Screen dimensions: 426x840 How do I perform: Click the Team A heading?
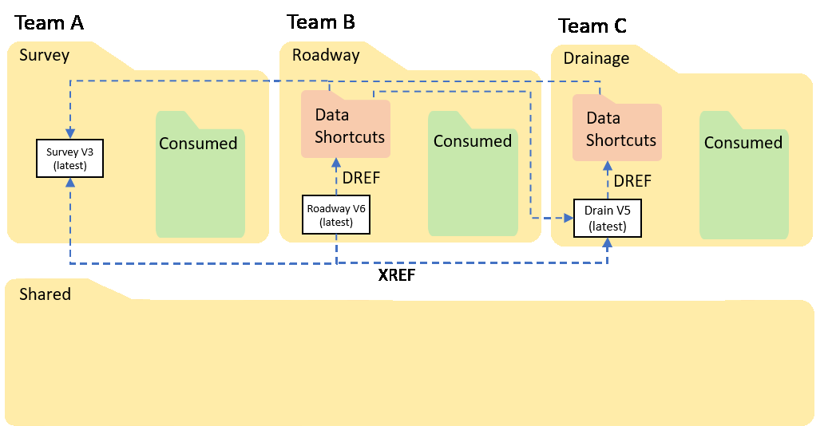49,23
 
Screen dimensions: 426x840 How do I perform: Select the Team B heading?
321,22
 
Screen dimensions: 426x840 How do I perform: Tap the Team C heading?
592,26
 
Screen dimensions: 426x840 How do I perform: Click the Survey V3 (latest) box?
70,158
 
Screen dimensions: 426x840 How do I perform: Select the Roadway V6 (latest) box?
336,215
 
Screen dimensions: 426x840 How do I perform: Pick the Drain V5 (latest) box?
608,219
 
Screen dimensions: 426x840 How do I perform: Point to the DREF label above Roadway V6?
361,177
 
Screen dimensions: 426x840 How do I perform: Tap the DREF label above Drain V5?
632,181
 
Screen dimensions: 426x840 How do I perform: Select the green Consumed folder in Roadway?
473,176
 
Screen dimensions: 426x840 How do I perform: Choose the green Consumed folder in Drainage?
743,177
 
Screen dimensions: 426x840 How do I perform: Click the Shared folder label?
45,294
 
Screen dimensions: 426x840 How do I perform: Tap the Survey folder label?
45,56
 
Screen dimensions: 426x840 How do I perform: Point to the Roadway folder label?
326,56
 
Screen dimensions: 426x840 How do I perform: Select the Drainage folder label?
596,58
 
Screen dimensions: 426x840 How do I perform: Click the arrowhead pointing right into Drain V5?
569,217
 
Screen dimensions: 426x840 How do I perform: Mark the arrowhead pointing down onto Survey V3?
70,133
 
